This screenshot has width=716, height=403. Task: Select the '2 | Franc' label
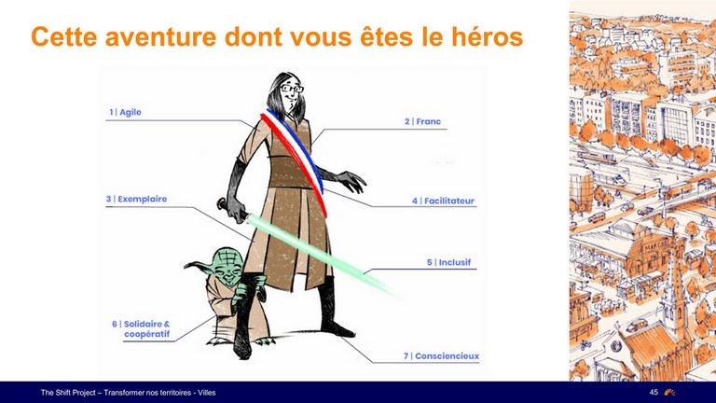tap(422, 121)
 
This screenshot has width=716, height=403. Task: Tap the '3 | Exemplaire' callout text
tap(136, 200)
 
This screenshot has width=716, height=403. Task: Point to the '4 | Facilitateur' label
tap(443, 201)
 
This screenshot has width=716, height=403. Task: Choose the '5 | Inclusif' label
tap(448, 262)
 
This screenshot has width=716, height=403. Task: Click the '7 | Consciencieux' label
tap(441, 356)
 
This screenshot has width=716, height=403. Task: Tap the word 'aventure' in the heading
tap(160, 37)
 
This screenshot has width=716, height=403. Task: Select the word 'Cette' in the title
tap(64, 36)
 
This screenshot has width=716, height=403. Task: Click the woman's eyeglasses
tap(292, 89)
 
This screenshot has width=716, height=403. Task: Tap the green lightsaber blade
tap(321, 255)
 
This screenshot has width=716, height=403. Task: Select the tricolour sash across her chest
tap(294, 160)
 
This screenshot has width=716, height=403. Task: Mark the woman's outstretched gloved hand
tap(351, 181)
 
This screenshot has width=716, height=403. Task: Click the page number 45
tap(654, 392)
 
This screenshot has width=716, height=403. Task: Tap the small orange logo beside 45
tap(670, 392)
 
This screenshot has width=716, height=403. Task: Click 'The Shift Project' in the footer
tap(68, 393)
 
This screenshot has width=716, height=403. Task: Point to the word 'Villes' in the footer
tap(206, 393)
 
